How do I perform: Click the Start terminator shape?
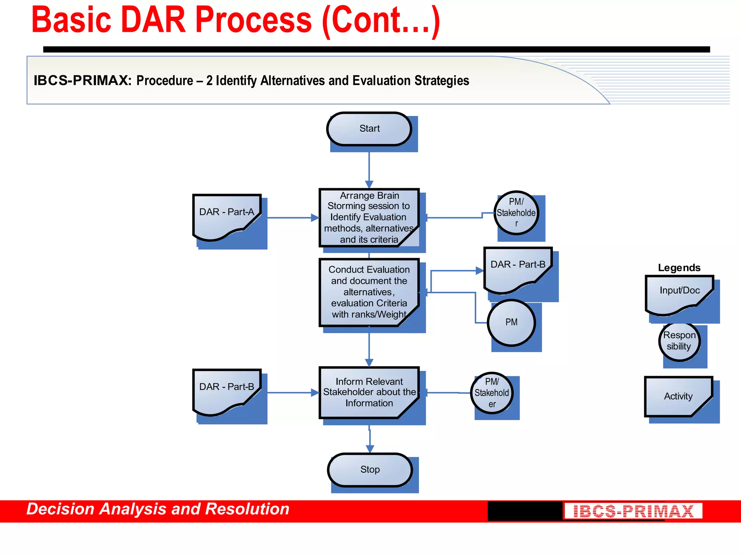(369, 129)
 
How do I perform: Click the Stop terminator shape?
(370, 470)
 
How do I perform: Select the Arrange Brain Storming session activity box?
(369, 218)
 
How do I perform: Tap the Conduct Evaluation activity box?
(369, 292)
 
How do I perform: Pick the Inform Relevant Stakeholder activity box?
(369, 392)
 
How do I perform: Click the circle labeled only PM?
(511, 323)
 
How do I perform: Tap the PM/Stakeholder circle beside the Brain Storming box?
(516, 213)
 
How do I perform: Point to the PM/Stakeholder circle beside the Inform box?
(492, 393)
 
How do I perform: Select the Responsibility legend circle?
(679, 341)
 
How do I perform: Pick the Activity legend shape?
(678, 396)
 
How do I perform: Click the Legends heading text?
(679, 268)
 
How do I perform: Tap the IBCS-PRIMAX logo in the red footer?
(633, 511)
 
